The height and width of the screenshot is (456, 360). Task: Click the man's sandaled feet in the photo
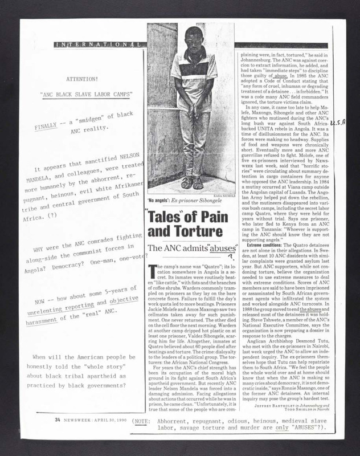[194, 184]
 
